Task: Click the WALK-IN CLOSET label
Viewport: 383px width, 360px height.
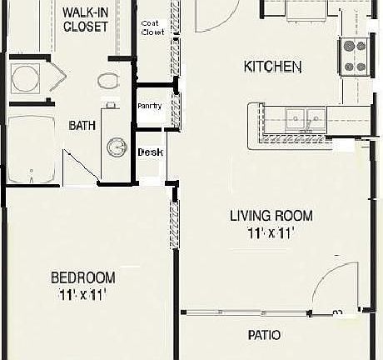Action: (x=86, y=19)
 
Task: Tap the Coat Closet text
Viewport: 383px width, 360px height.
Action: (x=152, y=27)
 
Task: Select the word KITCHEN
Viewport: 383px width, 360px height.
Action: (x=271, y=67)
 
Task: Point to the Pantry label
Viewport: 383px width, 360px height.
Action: (x=149, y=106)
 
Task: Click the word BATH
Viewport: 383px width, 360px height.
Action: (x=82, y=125)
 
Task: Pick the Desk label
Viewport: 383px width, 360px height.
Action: (x=150, y=152)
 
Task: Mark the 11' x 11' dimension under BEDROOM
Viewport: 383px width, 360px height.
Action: (x=82, y=294)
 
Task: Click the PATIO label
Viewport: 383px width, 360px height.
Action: (x=263, y=336)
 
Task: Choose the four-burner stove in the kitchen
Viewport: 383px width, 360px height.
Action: (x=354, y=54)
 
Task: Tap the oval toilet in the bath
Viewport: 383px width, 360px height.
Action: (x=107, y=81)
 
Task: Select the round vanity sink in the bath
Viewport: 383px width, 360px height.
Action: (x=114, y=147)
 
